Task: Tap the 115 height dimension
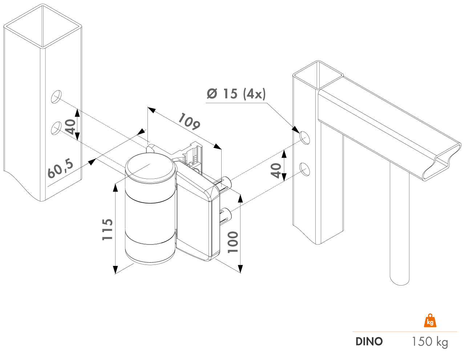107,229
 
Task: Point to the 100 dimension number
233,242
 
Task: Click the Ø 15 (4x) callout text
236,94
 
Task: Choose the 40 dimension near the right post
276,170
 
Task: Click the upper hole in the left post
56,97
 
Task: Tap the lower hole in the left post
56,128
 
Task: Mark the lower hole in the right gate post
304,169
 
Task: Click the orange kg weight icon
430,321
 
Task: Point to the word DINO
369,341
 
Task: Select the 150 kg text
429,341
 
